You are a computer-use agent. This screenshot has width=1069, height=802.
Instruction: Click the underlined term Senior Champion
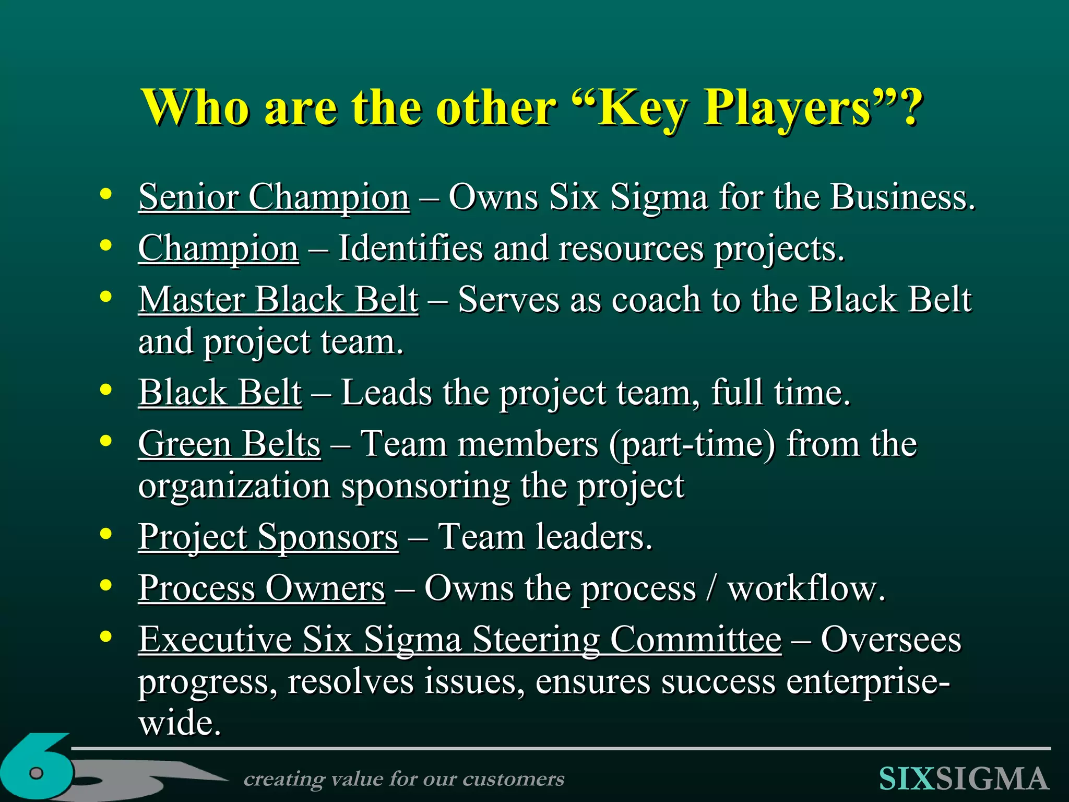tap(274, 197)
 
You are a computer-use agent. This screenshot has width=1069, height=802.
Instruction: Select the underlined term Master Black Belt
tap(278, 300)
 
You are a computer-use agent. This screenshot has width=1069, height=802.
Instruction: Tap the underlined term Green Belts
tap(229, 444)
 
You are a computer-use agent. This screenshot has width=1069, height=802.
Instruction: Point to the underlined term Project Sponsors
tap(268, 537)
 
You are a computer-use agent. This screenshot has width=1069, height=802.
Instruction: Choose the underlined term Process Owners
tap(262, 588)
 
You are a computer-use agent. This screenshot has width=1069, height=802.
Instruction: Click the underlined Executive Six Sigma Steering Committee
tap(459, 640)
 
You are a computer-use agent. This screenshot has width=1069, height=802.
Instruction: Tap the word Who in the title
tap(195, 107)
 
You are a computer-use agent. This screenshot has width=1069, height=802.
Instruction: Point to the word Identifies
tap(410, 248)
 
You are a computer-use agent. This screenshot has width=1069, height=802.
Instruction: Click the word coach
tap(655, 300)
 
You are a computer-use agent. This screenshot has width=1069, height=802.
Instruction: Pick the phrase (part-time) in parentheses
tap(692, 444)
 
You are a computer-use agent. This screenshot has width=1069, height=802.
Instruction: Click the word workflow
tap(806, 588)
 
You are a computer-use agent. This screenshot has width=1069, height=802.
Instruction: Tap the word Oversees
tap(890, 640)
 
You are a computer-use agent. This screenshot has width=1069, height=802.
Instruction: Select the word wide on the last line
tap(180, 723)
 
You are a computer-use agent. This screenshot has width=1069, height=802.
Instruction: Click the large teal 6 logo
tap(37, 768)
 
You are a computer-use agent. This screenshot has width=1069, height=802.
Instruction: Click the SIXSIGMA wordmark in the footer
tap(964, 779)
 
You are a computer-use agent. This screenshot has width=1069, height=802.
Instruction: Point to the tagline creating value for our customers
tap(404, 779)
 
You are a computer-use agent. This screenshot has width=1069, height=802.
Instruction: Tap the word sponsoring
tap(425, 486)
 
